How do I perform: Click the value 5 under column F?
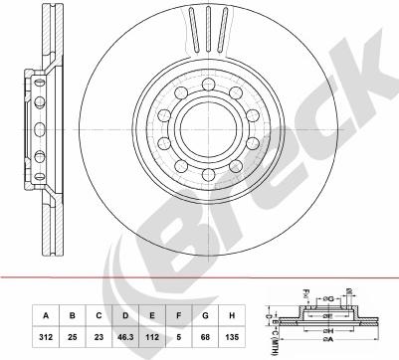tap(179, 336)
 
